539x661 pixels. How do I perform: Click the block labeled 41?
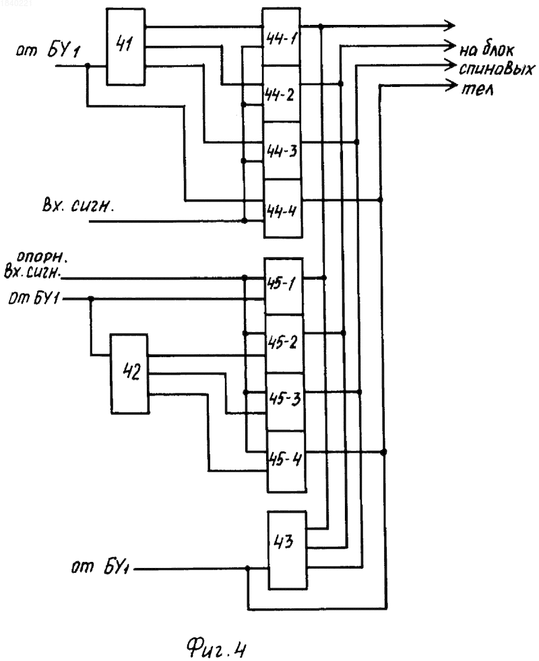pyautogui.click(x=125, y=46)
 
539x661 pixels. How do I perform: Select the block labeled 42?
pyautogui.click(x=129, y=373)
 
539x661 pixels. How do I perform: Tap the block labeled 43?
pyautogui.click(x=288, y=550)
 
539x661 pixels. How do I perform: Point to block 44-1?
pyautogui.click(x=281, y=37)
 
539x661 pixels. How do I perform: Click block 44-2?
pyautogui.click(x=282, y=94)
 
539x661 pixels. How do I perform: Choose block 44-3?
pyautogui.click(x=282, y=151)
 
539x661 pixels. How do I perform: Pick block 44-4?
pyautogui.click(x=283, y=209)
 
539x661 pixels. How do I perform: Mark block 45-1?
pyautogui.click(x=283, y=286)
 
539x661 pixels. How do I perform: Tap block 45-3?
pyautogui.click(x=285, y=402)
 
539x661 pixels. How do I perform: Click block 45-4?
pyautogui.click(x=286, y=462)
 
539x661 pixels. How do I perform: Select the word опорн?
pyautogui.click(x=42, y=257)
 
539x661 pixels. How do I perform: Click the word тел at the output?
pyautogui.click(x=478, y=90)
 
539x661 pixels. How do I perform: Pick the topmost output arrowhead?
pyautogui.click(x=449, y=26)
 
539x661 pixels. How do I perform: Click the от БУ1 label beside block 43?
pyautogui.click(x=100, y=567)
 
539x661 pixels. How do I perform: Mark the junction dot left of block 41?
pyautogui.click(x=88, y=66)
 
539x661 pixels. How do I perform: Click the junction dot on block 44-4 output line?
pyautogui.click(x=380, y=199)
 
